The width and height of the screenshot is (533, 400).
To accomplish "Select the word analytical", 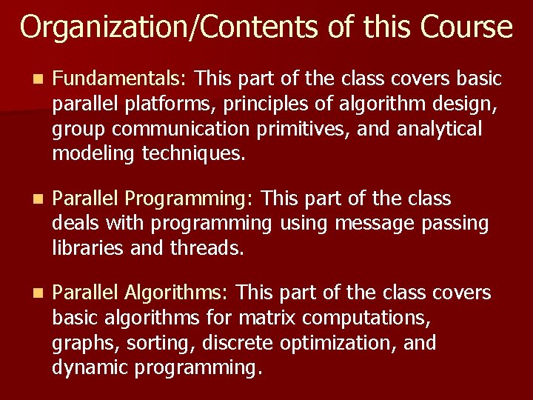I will coord(439,129).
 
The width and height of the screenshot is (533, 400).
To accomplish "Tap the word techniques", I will coord(195,154).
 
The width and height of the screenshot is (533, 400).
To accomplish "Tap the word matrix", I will coord(271,319).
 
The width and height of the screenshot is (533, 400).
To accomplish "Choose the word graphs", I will coord(84,344).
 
